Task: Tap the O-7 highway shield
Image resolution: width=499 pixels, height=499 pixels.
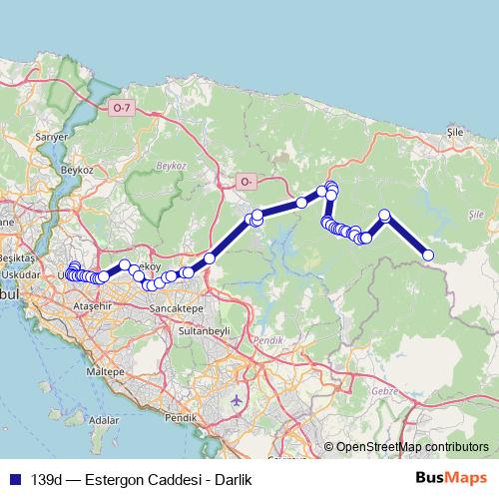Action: coord(122,107)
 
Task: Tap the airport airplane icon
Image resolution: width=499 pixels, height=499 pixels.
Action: coord(237,400)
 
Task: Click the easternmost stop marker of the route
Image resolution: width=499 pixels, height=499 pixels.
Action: coord(429,255)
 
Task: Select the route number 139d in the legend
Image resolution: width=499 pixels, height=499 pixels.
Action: coord(47,480)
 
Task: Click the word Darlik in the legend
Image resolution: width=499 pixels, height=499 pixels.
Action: coord(231,480)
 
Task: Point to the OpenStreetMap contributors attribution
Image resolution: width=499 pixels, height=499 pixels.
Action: coord(412,448)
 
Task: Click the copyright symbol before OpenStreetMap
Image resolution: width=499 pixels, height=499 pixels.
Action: coord(329,448)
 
